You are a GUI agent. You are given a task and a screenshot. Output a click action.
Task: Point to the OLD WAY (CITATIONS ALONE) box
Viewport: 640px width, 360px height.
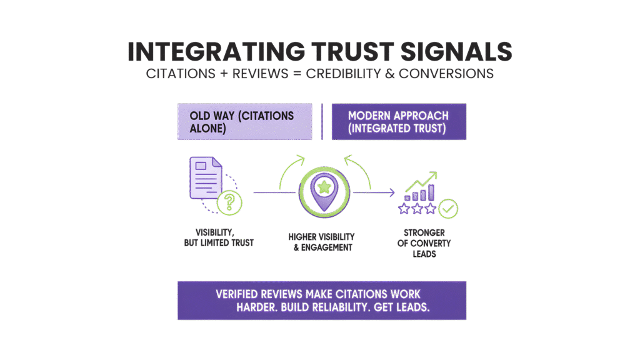[244, 121]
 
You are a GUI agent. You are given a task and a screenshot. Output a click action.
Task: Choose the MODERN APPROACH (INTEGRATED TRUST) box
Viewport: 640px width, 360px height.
[398, 121]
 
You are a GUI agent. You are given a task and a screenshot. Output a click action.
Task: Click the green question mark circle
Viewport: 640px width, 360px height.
[229, 202]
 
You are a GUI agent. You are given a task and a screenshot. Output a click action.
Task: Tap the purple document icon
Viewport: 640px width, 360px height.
[205, 178]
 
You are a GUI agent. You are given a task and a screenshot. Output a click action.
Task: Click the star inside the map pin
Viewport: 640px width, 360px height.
[324, 186]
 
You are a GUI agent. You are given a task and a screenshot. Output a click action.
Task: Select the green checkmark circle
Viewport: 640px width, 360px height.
[448, 209]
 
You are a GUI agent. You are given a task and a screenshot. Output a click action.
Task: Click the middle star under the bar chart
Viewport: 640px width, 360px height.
[417, 209]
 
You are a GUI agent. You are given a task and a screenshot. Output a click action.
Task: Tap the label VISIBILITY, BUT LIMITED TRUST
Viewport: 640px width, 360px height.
[219, 237]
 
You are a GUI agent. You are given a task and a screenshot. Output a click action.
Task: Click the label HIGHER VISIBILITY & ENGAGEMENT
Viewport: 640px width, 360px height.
[321, 242]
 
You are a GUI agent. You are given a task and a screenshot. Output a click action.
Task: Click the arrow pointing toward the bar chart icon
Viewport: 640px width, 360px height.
[381, 192]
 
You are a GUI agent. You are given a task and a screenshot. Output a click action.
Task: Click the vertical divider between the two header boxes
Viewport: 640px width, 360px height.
[321, 121]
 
